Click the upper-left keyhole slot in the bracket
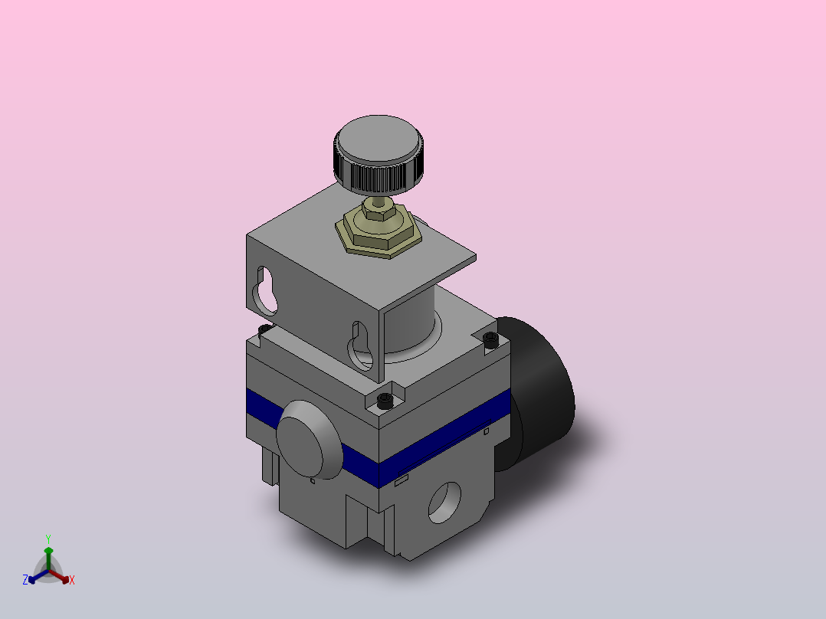pos(266,291)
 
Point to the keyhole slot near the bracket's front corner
pos(361,346)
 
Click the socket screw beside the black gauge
pos(490,340)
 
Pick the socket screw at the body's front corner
pos(385,401)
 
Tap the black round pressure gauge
pos(537,392)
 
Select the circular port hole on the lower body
pos(444,503)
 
